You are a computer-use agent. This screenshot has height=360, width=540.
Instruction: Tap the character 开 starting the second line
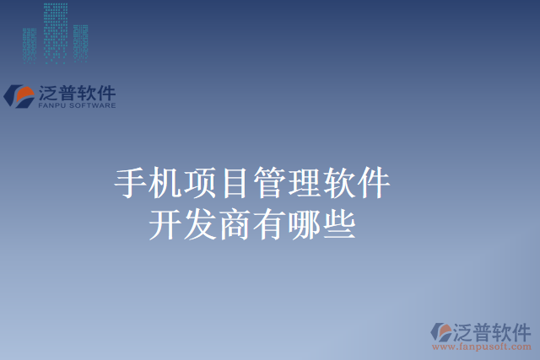(x=165, y=224)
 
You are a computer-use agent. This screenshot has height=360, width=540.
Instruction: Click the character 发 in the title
(x=200, y=224)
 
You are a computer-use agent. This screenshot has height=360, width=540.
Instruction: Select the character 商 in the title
(x=235, y=224)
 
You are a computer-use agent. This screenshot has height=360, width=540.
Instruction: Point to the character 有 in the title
(x=269, y=224)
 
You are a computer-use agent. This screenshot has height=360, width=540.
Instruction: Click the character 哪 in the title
(x=304, y=224)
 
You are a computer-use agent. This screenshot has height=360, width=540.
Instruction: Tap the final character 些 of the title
(x=338, y=224)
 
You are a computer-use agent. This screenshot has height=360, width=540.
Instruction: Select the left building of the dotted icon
(x=30, y=44)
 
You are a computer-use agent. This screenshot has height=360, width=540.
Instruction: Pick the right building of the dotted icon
(x=80, y=42)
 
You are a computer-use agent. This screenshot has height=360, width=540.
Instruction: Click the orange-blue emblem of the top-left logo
(x=20, y=96)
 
